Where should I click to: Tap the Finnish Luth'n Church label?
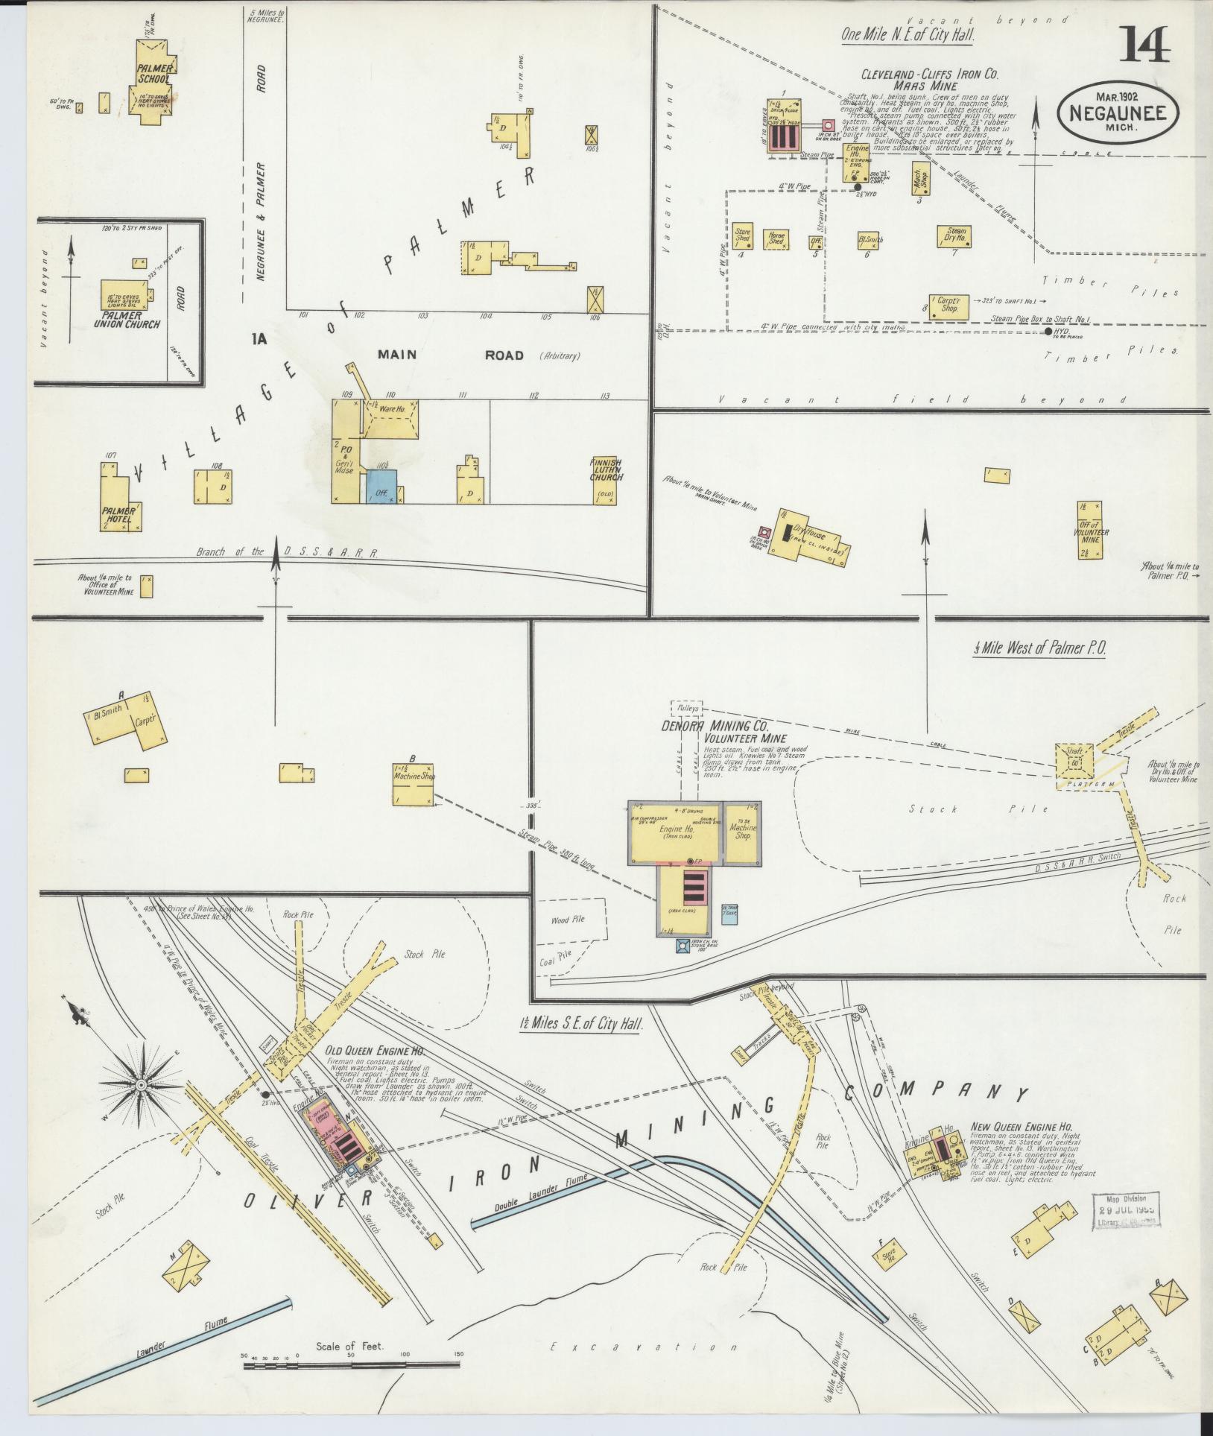tap(606, 474)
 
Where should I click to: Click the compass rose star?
tap(139, 1086)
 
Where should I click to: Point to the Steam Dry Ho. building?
tap(955, 236)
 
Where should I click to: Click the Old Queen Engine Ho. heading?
tap(375, 1051)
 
